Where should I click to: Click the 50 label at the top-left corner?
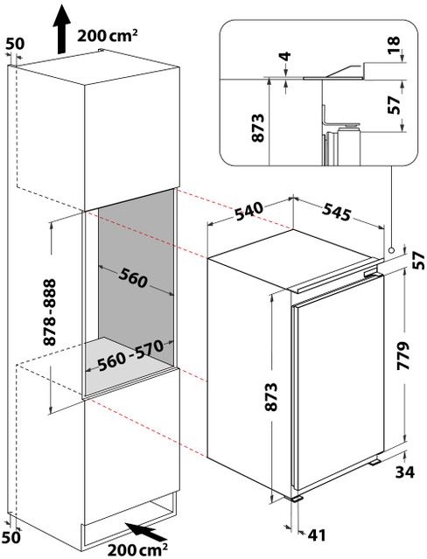[14, 42]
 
